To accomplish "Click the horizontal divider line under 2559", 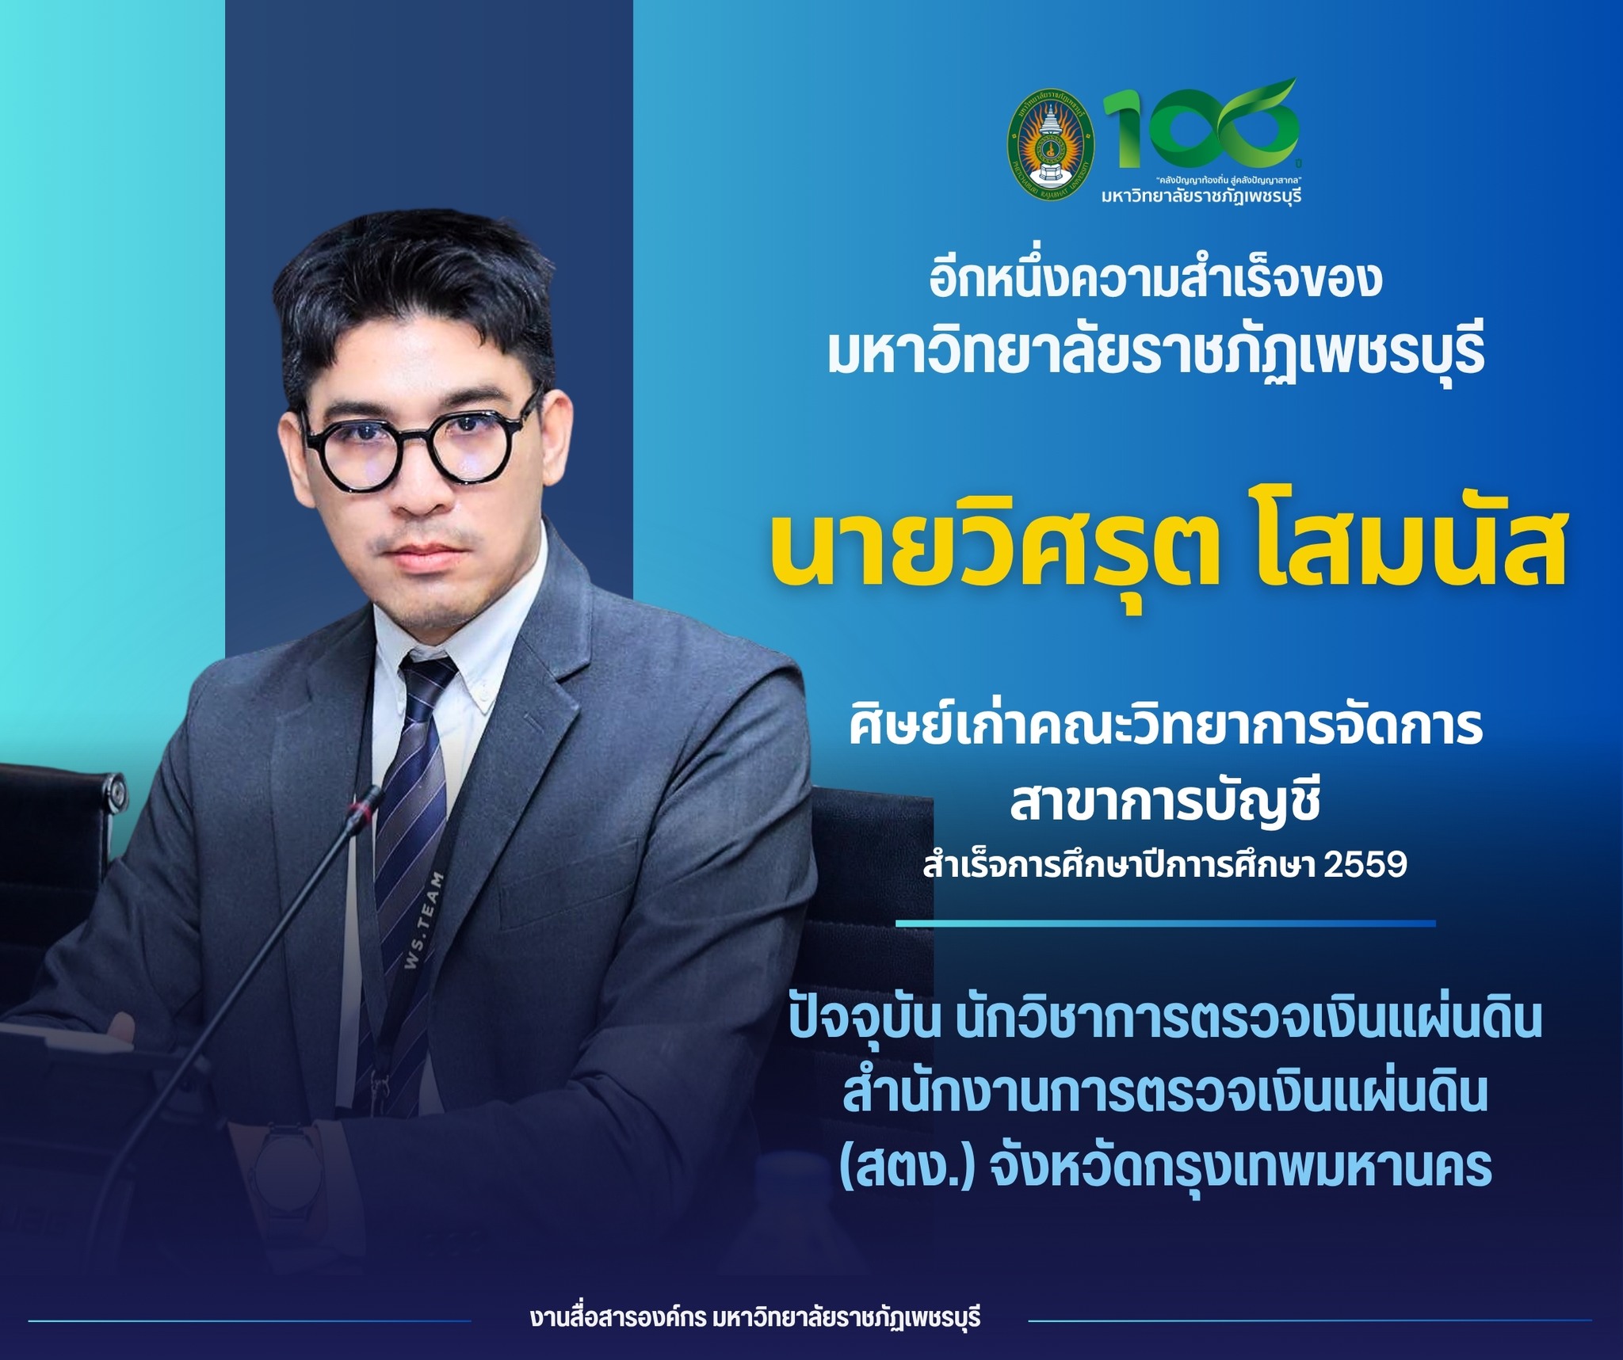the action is pyautogui.click(x=1165, y=924).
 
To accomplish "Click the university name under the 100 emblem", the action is pyautogui.click(x=1201, y=194).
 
